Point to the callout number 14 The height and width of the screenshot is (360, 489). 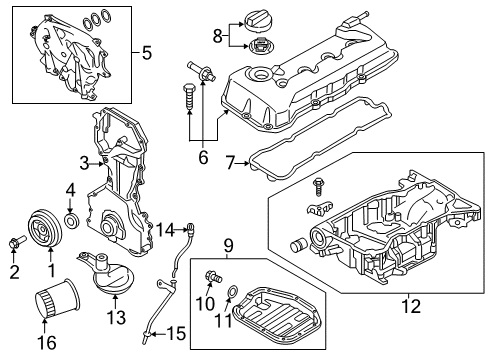(160, 231)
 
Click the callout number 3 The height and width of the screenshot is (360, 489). (84, 163)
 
